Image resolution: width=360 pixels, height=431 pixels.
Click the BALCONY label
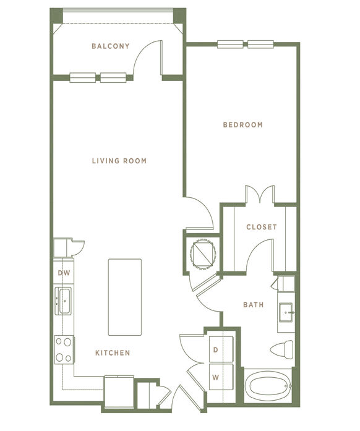tap(111, 46)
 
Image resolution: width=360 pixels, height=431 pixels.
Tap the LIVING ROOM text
tap(119, 161)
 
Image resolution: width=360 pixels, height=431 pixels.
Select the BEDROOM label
tap(243, 125)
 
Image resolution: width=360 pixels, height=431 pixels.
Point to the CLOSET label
tap(262, 227)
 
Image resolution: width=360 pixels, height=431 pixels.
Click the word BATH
tap(254, 305)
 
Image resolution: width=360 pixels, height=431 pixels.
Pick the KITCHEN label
tap(113, 352)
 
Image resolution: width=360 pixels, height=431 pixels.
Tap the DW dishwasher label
tap(64, 273)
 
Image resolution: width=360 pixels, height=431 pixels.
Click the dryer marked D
tap(221, 349)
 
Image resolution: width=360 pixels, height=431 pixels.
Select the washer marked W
tap(221, 377)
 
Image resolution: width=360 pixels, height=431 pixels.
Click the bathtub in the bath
tap(268, 386)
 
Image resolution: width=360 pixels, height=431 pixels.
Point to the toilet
tap(282, 349)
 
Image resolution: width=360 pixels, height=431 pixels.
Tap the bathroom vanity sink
tap(286, 312)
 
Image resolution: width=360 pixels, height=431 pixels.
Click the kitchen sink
tap(63, 301)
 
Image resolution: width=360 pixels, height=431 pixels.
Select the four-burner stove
tap(64, 349)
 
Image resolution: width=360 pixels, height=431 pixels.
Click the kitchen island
tap(125, 297)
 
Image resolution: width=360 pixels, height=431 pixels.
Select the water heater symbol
tap(203, 253)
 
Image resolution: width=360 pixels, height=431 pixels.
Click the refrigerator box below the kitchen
tap(119, 392)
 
